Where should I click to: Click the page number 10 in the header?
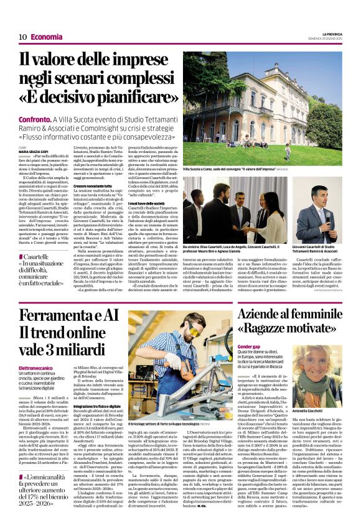pos(22,37)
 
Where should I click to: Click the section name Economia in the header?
pos(47,37)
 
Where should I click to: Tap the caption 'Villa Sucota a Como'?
pos(206,169)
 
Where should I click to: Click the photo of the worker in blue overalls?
pos(177,357)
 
